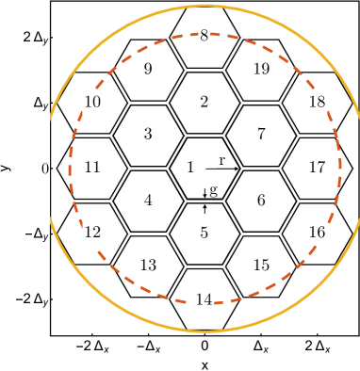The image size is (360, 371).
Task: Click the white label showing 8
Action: point(205,37)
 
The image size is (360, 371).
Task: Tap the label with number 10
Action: point(92,103)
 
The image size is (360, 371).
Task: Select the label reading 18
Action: point(317,103)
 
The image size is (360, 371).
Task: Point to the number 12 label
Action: point(92,233)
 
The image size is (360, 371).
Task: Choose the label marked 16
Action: point(317,233)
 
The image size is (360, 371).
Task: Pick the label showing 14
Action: point(204,300)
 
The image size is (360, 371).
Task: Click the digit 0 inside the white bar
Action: point(44,169)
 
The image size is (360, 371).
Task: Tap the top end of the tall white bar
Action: point(43,115)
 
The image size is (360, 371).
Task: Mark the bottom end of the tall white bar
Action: point(43,222)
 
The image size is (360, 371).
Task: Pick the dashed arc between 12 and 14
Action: point(141,286)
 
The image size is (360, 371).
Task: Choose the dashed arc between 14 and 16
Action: point(268,286)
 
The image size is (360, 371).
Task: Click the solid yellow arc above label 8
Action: point(205,6)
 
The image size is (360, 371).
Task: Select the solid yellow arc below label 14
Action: point(205,331)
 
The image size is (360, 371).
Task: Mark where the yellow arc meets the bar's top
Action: point(52,114)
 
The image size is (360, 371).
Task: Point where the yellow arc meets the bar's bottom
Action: point(52,224)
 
